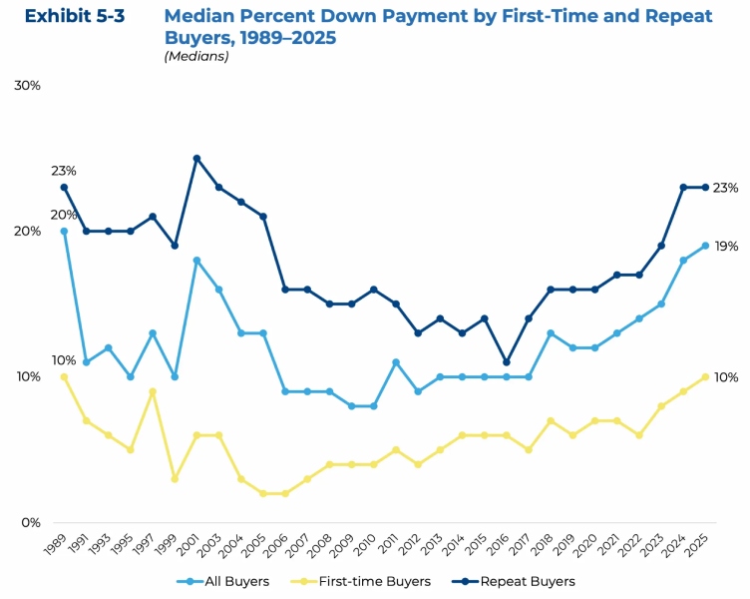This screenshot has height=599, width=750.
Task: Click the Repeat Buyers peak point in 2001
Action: (196, 158)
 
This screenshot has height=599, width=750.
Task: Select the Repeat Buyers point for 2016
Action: (507, 362)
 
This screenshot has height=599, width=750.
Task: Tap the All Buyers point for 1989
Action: (64, 231)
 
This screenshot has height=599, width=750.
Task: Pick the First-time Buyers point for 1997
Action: (153, 391)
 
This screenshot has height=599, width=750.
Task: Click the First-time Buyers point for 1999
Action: (175, 479)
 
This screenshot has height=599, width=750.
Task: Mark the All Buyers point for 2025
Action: (705, 246)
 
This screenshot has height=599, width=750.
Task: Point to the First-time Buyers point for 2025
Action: (705, 376)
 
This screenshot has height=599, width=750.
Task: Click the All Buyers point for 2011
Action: (396, 362)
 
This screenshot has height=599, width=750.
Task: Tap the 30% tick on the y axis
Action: (27, 86)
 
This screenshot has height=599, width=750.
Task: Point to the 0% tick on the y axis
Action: (30, 522)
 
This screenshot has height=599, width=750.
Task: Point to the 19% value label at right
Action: (726, 246)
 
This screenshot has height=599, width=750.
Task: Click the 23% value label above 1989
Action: (64, 171)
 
